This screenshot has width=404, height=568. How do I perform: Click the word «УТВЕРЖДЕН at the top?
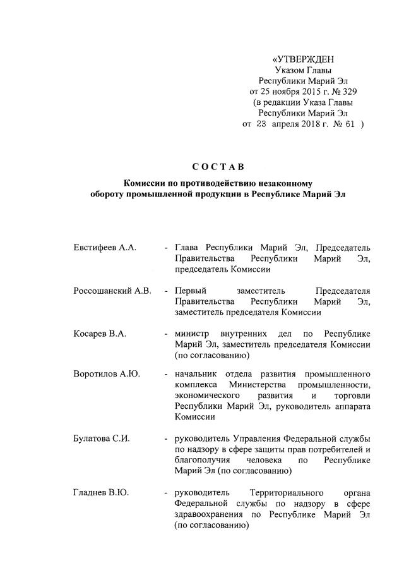[301, 61]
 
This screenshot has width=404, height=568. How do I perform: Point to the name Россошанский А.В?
[112, 291]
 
